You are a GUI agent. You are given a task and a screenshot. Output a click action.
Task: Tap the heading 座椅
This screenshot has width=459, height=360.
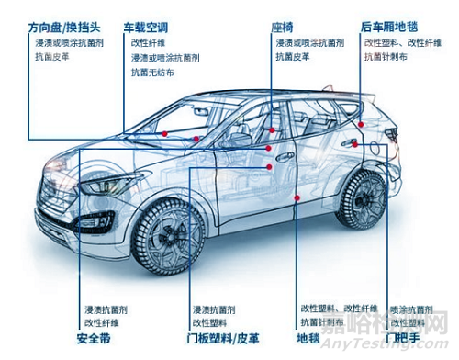coord(282,28)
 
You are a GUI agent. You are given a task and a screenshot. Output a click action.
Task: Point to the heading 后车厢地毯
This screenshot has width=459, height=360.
coord(394,28)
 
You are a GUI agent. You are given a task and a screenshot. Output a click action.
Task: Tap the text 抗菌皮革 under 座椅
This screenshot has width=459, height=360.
coord(293,57)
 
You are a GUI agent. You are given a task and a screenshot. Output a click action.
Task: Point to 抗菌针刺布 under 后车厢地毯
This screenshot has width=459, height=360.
coord(389,57)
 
